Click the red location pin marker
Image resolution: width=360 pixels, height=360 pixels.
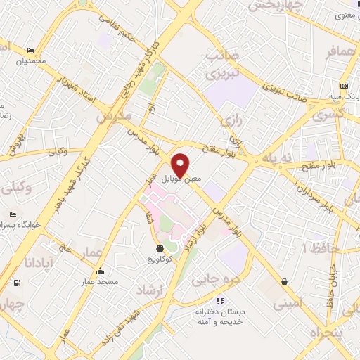181,165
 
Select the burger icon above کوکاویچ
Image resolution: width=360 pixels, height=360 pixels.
160,248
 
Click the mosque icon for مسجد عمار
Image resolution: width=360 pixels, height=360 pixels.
100,271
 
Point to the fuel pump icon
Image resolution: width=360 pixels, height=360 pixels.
16,283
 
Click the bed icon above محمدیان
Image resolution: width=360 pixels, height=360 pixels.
30,51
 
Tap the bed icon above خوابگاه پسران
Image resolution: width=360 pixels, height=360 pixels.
13,214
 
